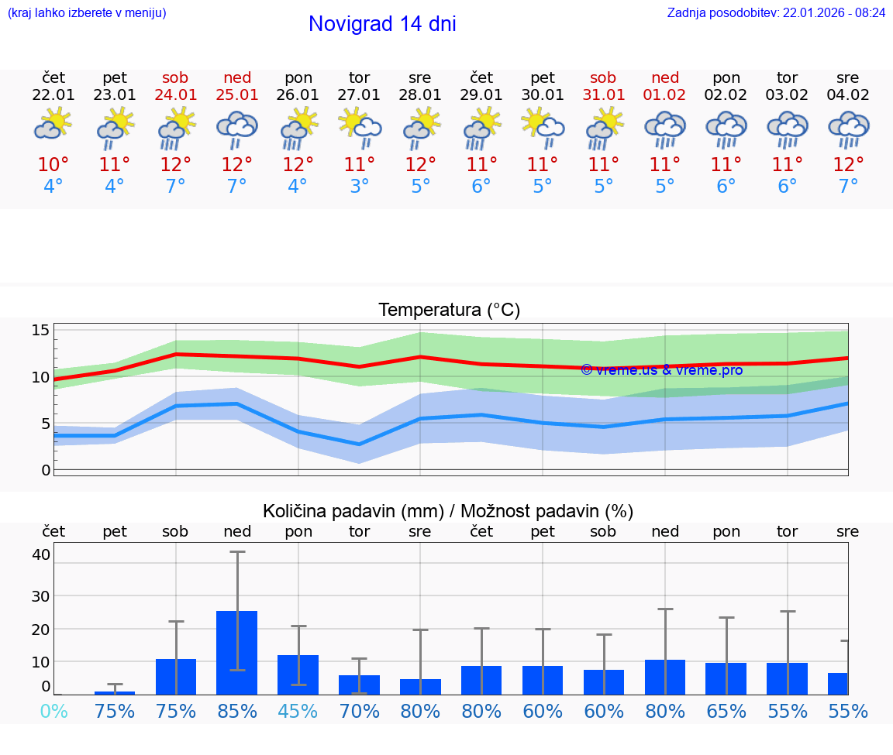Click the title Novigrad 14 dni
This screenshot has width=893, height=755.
click(382, 24)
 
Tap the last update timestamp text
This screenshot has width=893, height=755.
click(776, 13)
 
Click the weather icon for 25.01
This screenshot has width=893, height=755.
click(237, 129)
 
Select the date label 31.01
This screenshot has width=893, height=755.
click(603, 95)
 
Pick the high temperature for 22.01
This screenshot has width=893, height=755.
click(53, 165)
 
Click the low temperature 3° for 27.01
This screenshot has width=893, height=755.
click(359, 187)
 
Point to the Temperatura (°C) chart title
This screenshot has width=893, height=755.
click(449, 311)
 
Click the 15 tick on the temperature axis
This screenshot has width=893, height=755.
click(40, 331)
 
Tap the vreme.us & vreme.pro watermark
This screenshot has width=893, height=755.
click(661, 370)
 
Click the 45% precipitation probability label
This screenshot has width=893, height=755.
click(298, 712)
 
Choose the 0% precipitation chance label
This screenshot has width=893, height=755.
click(53, 712)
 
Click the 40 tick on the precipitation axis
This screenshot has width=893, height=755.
click(40, 554)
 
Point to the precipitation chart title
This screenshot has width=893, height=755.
click(448, 511)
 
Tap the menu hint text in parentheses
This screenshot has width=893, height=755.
click(86, 13)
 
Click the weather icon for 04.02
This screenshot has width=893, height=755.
click(848, 129)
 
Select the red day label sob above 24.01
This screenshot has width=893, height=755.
click(175, 78)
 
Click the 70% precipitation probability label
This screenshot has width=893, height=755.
click(359, 712)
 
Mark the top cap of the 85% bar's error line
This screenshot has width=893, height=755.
click(237, 552)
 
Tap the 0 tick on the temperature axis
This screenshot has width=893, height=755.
click(45, 470)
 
